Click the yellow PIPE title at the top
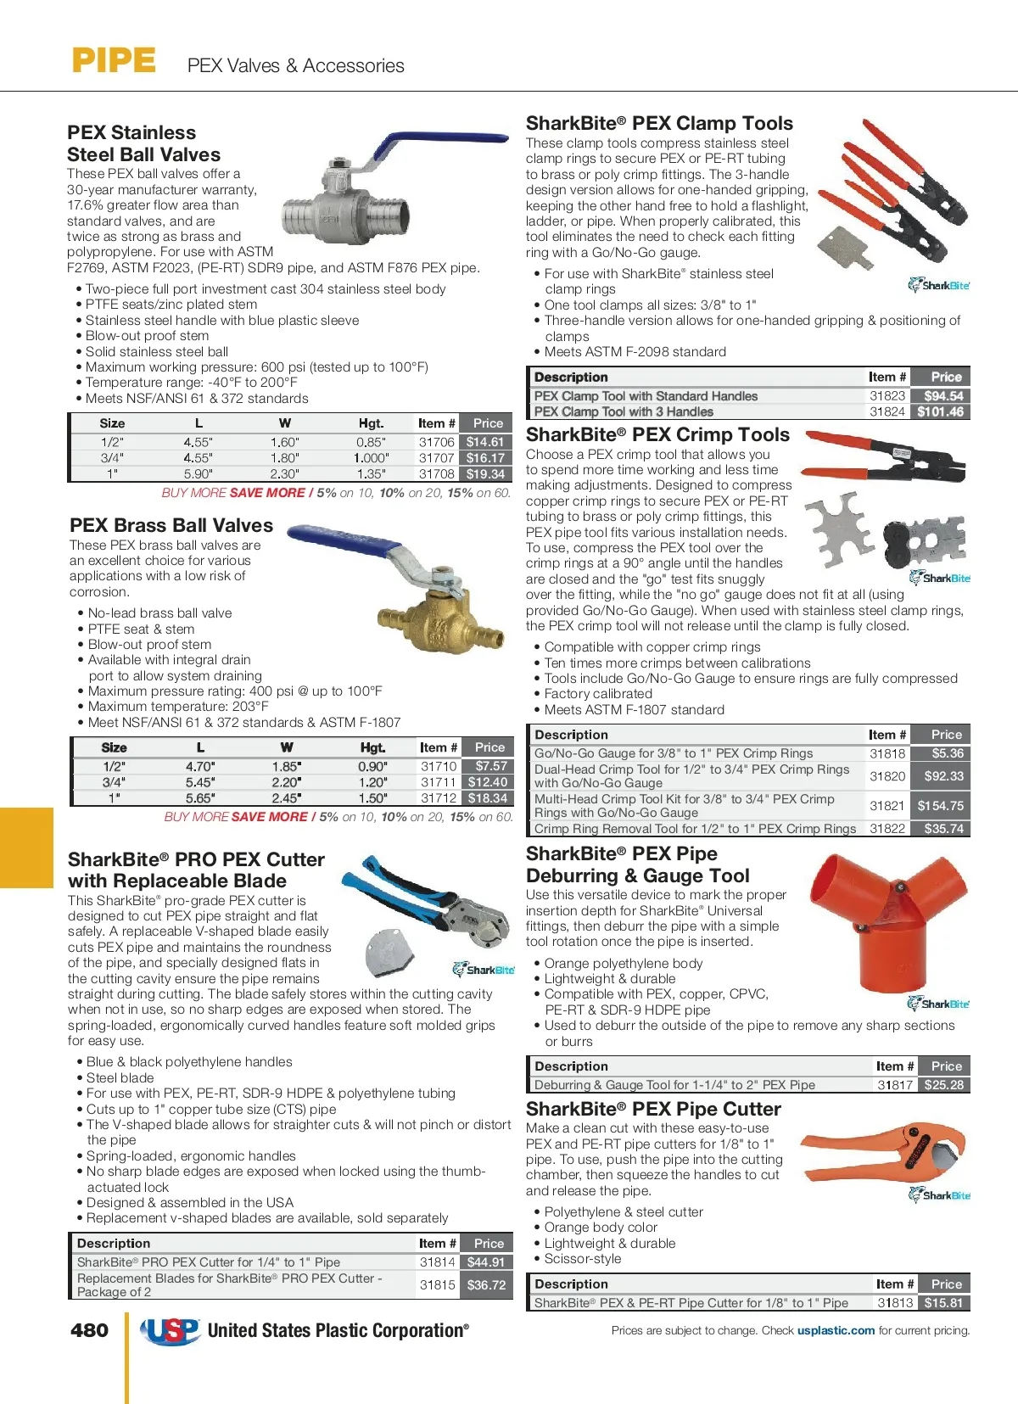114,61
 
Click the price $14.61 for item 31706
485,442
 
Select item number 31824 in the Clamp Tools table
887,411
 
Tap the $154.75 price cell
941,806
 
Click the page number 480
89,1330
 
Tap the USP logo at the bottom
171,1331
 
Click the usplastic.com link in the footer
836,1330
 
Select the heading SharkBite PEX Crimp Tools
657,434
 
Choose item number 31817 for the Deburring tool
895,1085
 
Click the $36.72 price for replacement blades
486,1285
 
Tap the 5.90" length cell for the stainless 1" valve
199,474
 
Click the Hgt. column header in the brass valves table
372,747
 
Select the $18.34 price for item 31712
488,798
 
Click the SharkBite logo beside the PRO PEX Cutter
484,969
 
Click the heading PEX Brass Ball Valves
171,525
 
